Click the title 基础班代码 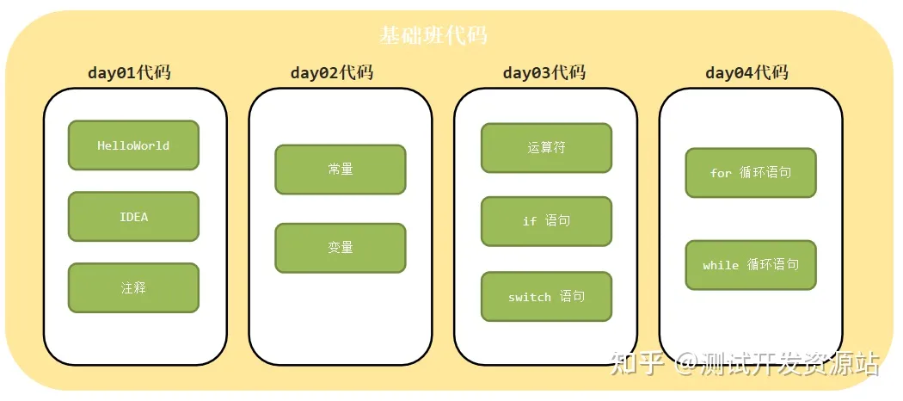(433, 35)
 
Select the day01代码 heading (129, 72)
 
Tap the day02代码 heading (332, 72)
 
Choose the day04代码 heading (746, 72)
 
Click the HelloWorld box (133, 145)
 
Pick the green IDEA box (133, 217)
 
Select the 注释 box (133, 288)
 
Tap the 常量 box (341, 170)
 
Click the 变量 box (341, 248)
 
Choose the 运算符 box (546, 148)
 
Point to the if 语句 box (546, 221)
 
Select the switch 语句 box (546, 297)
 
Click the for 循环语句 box (751, 173)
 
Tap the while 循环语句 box (751, 265)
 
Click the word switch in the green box (530, 298)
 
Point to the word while (721, 266)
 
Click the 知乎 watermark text (636, 364)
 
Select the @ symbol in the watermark (686, 365)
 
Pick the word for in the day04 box (721, 174)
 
